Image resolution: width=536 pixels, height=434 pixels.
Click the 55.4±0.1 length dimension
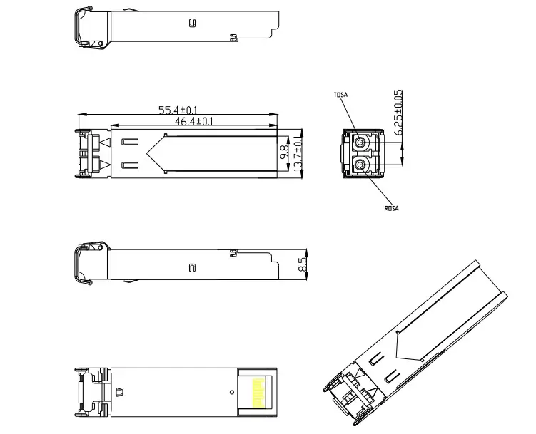[178, 110]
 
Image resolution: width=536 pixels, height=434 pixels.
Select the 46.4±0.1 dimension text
[194, 121]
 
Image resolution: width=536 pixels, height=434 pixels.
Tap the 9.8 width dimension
[284, 153]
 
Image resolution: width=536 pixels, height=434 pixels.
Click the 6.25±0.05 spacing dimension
[398, 113]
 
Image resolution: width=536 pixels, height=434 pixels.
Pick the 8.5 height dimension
[303, 264]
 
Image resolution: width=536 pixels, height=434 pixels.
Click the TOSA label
[340, 95]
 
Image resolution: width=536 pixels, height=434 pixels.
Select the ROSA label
[391, 208]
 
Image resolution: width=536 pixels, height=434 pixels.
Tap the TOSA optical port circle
[359, 142]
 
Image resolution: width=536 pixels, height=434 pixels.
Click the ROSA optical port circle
[360, 165]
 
